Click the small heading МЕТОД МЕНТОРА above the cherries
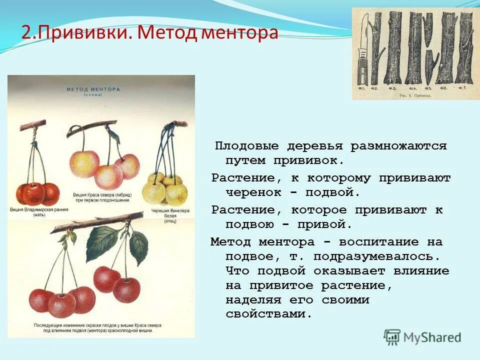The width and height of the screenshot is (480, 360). pyautogui.click(x=93, y=89)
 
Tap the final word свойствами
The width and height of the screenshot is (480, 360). pyautogui.click(x=269, y=314)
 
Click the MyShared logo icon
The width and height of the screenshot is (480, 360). pyautogui.click(x=392, y=337)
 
